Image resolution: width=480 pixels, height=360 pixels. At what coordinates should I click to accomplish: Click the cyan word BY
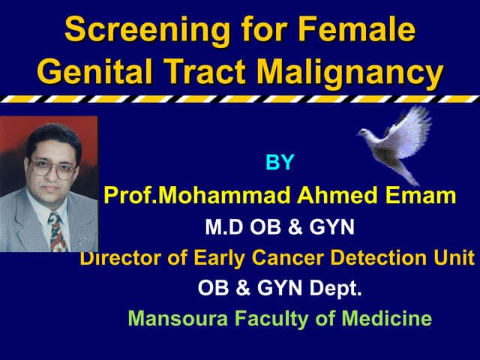[280, 163]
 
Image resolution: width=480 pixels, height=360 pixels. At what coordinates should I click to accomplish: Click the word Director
[119, 258]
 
